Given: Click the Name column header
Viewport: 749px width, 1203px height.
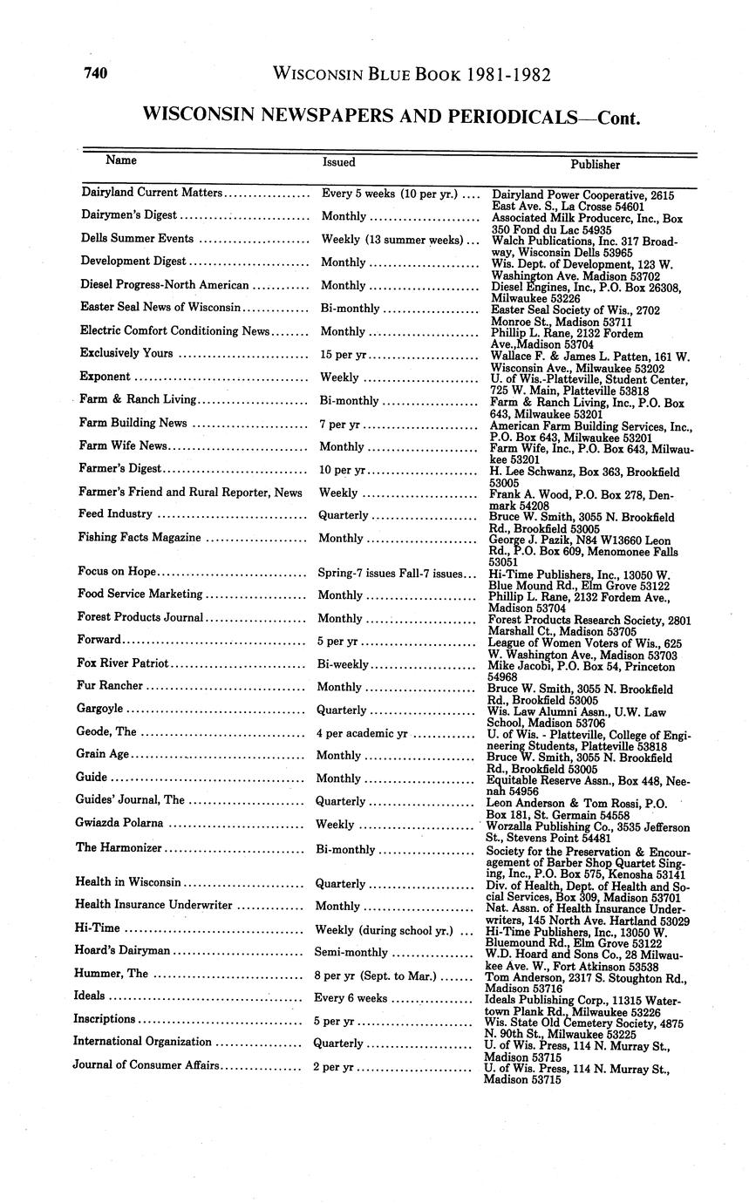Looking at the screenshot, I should (x=121, y=160).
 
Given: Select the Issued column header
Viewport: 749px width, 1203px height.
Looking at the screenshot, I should (x=338, y=161).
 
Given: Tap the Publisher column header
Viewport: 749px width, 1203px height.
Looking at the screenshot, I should (x=595, y=164).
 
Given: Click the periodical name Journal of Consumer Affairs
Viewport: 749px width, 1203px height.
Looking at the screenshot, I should (x=146, y=1064).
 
